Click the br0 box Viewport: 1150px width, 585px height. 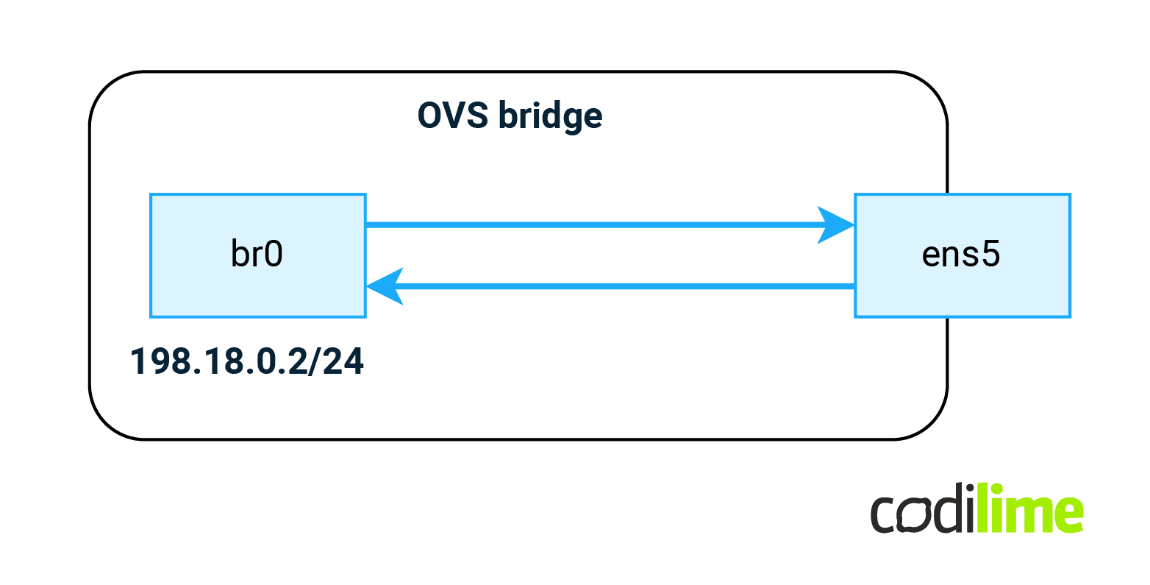pos(257,255)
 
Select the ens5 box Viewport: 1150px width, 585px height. pos(962,255)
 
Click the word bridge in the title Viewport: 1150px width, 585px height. pos(551,116)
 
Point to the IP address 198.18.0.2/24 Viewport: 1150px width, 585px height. pos(247,362)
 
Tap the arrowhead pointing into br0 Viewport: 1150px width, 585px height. pos(385,286)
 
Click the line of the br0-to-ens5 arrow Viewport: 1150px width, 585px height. pos(588,225)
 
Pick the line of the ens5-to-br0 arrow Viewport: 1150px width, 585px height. pos(625,286)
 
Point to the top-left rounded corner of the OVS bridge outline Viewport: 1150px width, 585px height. pos(106,88)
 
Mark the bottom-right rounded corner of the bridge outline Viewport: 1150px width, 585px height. pos(931,423)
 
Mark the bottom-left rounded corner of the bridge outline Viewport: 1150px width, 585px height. pos(106,423)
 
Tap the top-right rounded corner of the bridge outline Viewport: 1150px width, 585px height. pos(931,88)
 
